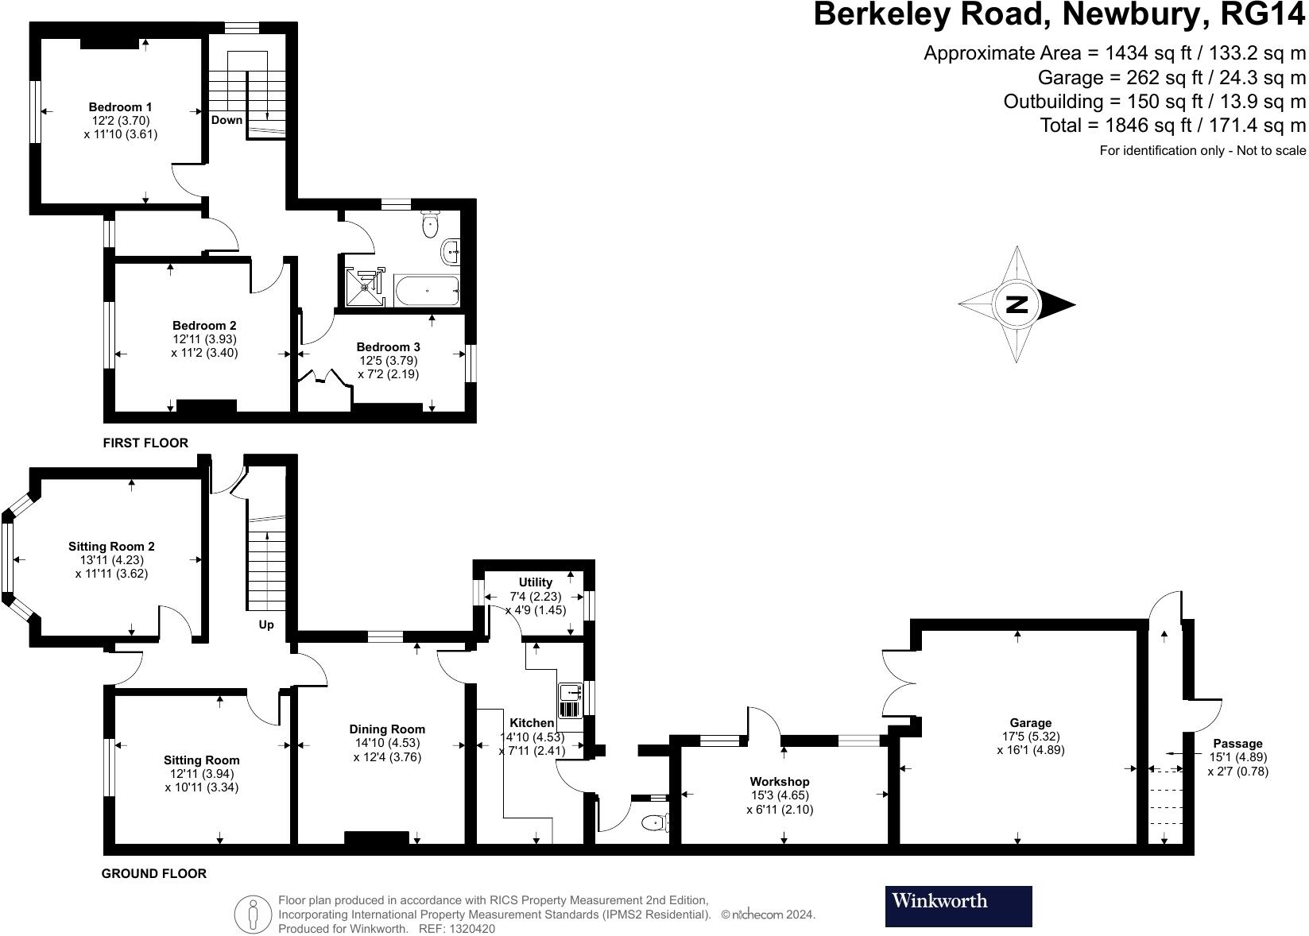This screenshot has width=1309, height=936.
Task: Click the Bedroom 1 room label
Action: click(x=120, y=106)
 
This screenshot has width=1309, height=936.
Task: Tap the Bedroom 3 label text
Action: click(x=388, y=346)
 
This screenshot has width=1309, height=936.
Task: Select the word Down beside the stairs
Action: click(x=227, y=120)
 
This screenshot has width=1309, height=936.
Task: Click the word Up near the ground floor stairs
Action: click(x=266, y=625)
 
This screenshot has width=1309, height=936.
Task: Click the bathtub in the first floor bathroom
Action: click(x=427, y=291)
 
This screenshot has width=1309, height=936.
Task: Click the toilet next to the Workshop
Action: click(x=654, y=822)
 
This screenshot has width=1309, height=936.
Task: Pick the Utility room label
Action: click(x=535, y=582)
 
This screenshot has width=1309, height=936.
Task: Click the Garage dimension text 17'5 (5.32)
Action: click(x=1031, y=736)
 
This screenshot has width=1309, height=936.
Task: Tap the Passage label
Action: click(x=1237, y=744)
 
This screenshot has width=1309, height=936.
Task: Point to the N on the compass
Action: click(x=1017, y=304)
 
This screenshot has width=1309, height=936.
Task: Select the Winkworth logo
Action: click(x=959, y=906)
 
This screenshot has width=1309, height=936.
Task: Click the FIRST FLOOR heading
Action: click(x=145, y=443)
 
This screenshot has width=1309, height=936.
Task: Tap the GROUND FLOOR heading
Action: click(x=153, y=873)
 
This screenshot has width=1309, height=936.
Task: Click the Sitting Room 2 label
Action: click(x=111, y=546)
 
